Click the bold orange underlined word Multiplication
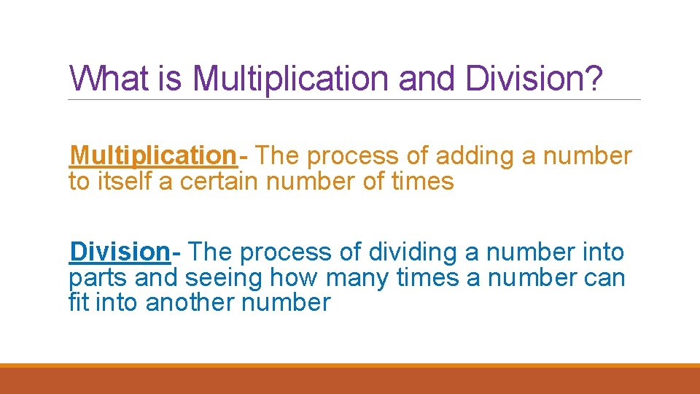(x=152, y=155)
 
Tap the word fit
(x=77, y=301)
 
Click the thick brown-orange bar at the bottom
(x=350, y=380)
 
